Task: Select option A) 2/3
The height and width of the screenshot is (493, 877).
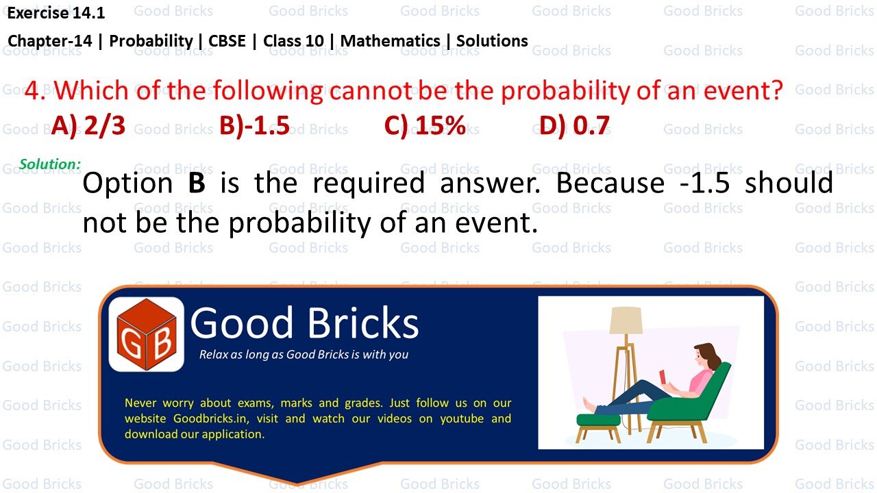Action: [88, 126]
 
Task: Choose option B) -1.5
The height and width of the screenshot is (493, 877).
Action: [255, 126]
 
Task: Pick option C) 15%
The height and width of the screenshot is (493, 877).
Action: [425, 126]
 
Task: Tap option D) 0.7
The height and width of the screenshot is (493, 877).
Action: [574, 126]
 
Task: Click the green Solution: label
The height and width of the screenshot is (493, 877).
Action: [50, 164]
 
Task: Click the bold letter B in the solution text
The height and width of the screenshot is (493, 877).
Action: [197, 184]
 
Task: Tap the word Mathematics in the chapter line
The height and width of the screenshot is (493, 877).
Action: [391, 41]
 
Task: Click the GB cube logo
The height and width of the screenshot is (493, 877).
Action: [146, 335]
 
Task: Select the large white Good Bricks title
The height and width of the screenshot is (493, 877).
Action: [304, 323]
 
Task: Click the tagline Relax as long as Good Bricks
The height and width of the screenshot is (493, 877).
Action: [304, 355]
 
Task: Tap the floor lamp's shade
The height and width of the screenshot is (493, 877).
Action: [626, 320]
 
